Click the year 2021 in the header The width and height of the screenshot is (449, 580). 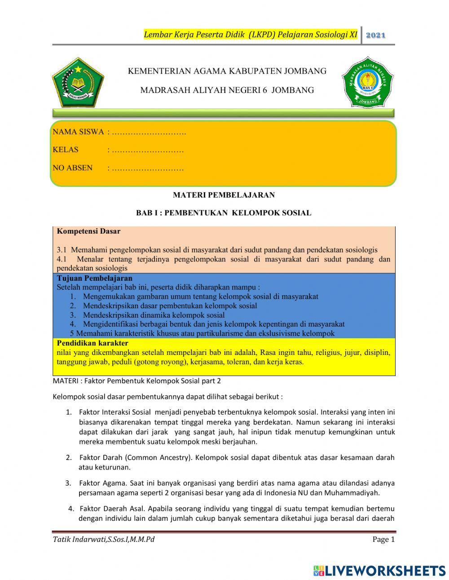pos(376,35)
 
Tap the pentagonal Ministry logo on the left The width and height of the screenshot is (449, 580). pos(78,82)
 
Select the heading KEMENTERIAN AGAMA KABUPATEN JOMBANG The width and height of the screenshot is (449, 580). pos(227,71)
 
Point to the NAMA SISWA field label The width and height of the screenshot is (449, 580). pos(78,132)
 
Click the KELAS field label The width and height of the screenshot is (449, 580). pos(66,150)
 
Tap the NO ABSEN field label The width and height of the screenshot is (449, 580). pos(72,168)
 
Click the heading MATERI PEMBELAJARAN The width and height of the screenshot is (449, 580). pos(224,195)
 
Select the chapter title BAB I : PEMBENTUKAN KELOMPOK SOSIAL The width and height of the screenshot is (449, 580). pos(224,213)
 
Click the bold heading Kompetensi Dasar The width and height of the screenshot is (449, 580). pos(88,232)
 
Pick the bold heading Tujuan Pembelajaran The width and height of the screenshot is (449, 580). pos(94,278)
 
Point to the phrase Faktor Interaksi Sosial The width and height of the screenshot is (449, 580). pos(114,412)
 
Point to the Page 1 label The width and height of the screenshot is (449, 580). pos(383,540)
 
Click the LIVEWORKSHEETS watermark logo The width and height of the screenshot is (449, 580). pos(379,571)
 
